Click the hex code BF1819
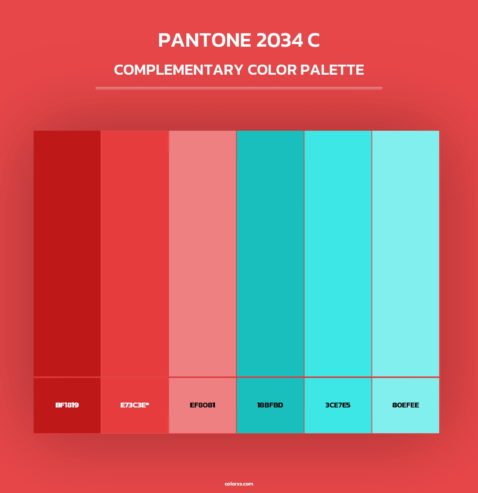(x=67, y=405)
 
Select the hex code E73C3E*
(x=134, y=405)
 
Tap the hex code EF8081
(x=202, y=405)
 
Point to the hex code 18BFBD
(x=270, y=405)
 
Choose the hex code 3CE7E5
(x=338, y=405)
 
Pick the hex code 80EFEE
(x=406, y=405)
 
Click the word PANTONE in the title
(x=205, y=40)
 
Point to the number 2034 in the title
(x=279, y=40)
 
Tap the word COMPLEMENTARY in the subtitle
(x=179, y=70)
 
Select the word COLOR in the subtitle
(x=272, y=70)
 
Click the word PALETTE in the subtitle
(x=332, y=70)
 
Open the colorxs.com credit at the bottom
(x=239, y=484)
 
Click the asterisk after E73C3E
(x=147, y=404)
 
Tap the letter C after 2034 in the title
(x=314, y=40)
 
